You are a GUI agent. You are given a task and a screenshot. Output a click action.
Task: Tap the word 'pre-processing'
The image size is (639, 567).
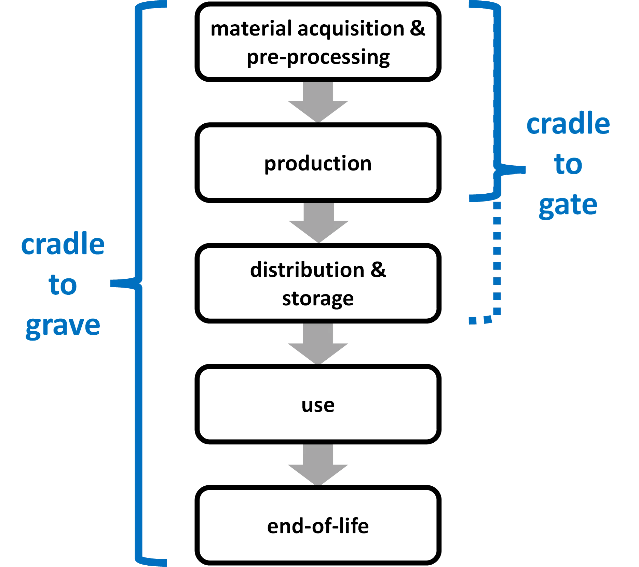[318, 57]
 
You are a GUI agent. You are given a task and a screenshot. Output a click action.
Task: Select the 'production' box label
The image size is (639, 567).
[318, 164]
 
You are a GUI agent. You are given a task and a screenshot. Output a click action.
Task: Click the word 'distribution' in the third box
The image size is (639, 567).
[307, 270]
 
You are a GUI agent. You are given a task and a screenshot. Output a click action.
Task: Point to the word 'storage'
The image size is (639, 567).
[318, 299]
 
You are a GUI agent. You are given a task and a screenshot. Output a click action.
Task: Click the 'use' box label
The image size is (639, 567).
[318, 405]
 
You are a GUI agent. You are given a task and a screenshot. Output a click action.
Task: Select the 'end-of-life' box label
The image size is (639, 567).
[318, 526]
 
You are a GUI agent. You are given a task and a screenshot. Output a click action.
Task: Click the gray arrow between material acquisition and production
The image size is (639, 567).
[318, 102]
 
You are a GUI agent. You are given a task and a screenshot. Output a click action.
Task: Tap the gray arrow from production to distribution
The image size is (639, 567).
[318, 222]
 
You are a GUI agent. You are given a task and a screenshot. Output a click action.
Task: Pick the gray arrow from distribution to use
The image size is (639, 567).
[318, 344]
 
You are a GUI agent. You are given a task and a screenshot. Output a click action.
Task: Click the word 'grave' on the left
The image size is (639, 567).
[63, 326]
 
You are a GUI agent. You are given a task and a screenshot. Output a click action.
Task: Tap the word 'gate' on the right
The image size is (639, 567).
[568, 206]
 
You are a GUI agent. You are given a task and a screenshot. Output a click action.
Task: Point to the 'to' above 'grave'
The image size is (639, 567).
[63, 285]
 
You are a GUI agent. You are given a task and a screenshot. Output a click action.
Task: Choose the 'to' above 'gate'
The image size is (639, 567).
[568, 165]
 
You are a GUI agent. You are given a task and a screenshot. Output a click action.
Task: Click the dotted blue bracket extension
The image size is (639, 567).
[497, 260]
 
